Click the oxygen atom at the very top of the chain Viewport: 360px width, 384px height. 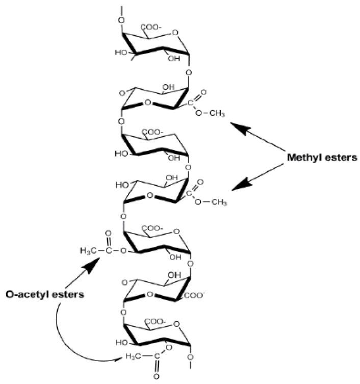pos(121,20)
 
